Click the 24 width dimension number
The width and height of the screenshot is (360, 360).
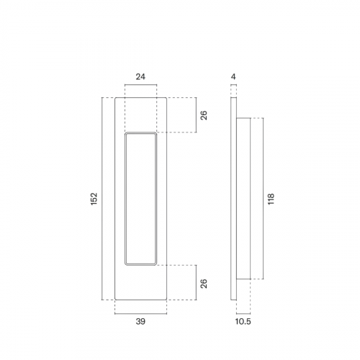pyautogui.click(x=140, y=74)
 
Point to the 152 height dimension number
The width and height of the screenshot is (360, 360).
pyautogui.click(x=94, y=199)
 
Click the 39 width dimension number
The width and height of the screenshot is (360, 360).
pyautogui.click(x=142, y=322)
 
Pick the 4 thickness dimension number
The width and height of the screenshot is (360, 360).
pyautogui.click(x=233, y=74)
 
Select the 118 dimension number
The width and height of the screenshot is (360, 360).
pyautogui.click(x=271, y=198)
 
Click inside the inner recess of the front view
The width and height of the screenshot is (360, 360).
pyautogui.click(x=140, y=199)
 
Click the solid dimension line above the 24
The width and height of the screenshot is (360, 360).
pyautogui.click(x=140, y=85)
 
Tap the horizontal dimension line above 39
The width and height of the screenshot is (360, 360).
pyautogui.click(x=142, y=312)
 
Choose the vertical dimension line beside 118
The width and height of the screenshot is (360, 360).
pyautogui.click(x=263, y=199)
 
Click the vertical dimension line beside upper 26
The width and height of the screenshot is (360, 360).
pyautogui.click(x=196, y=115)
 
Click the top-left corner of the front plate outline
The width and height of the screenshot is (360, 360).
pyautogui.click(x=114, y=98)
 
